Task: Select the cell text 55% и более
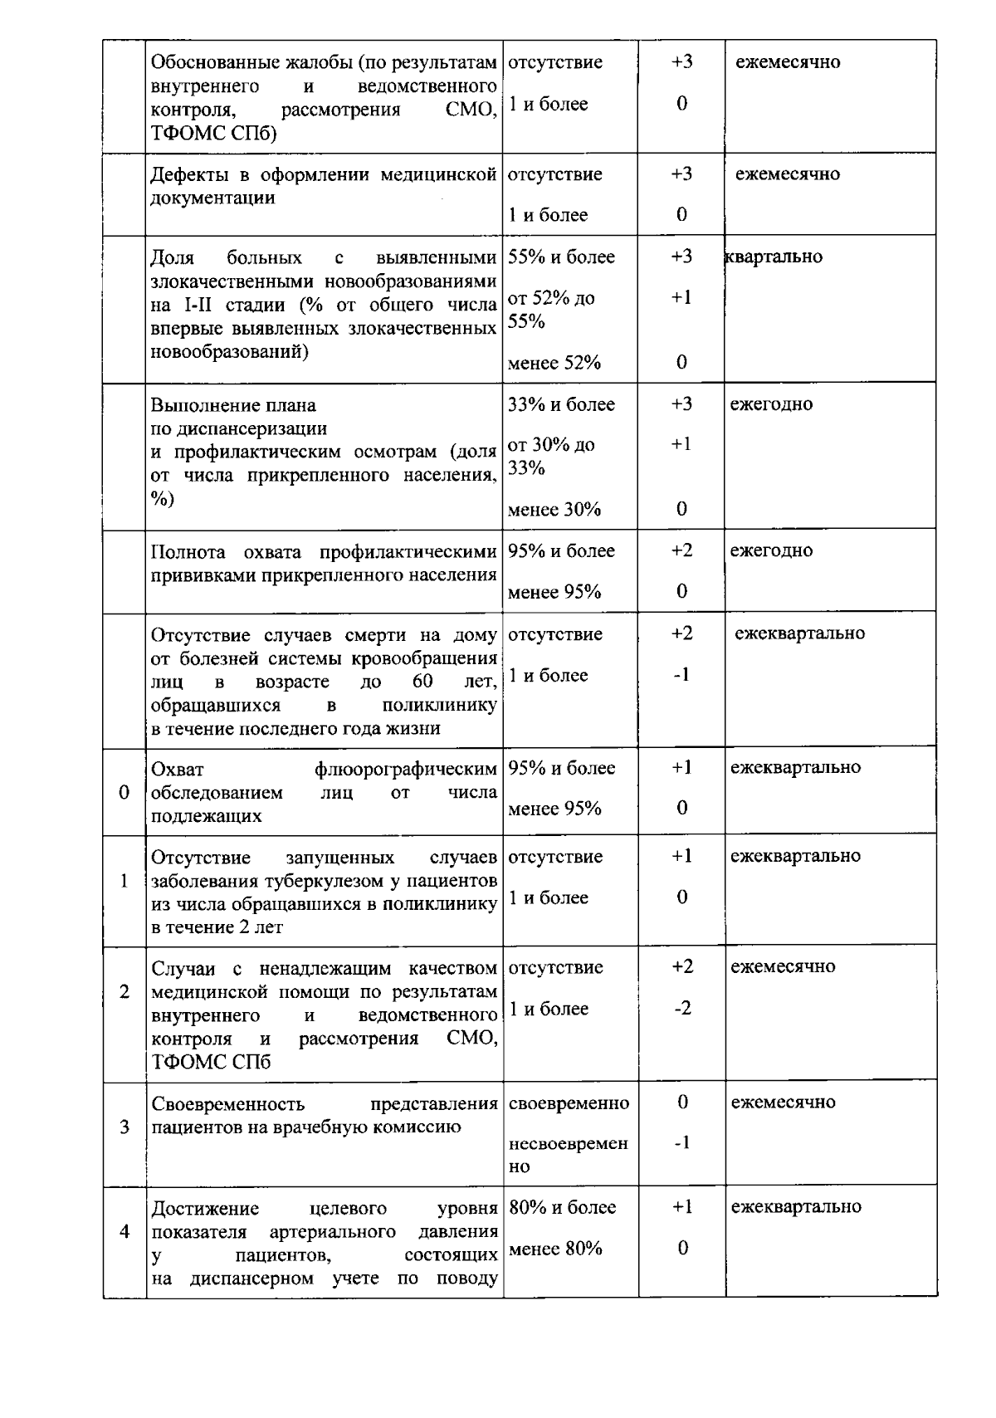[561, 257]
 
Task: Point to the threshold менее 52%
[554, 363]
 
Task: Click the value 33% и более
[561, 405]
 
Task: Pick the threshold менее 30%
[554, 510]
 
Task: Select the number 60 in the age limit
[422, 682]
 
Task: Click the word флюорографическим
[406, 769]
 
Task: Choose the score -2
[682, 1009]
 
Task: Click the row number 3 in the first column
[124, 1127]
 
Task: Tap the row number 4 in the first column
[124, 1231]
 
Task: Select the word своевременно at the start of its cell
[569, 1103]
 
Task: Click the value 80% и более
[562, 1208]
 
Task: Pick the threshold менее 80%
[554, 1249]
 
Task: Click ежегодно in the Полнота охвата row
[771, 551]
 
